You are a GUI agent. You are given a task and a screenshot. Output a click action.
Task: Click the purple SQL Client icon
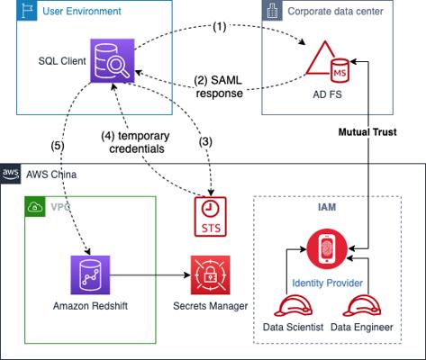tap(113, 60)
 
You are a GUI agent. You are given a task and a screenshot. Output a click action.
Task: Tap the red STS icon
tap(211, 217)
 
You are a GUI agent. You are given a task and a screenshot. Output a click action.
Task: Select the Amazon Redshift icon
tap(90, 274)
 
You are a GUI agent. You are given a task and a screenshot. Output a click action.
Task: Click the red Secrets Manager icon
tap(211, 274)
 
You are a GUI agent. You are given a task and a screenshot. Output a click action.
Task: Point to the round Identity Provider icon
tap(327, 249)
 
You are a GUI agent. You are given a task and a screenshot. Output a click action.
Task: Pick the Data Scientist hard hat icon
tap(293, 306)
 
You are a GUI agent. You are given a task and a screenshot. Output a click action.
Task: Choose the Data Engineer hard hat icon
tap(362, 306)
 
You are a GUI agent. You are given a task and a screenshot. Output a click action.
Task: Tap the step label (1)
tap(220, 27)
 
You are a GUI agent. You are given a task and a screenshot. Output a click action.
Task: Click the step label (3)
tap(205, 141)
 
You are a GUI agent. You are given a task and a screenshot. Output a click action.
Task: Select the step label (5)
tap(58, 146)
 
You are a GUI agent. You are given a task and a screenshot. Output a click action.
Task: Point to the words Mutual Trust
tap(367, 132)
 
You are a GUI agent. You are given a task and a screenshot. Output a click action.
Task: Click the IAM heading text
tap(327, 207)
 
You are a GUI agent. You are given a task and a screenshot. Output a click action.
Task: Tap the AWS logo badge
tap(11, 173)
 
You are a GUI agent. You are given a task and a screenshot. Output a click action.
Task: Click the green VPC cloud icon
tap(35, 207)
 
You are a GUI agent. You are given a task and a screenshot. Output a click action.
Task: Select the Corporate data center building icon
tap(272, 11)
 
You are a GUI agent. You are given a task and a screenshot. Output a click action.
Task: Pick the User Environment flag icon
tap(27, 11)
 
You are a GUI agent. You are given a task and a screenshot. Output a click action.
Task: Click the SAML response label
tap(219, 87)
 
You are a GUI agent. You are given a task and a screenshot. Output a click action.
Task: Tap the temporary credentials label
tap(136, 142)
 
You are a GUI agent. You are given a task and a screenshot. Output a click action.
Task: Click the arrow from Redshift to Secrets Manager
tap(150, 274)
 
